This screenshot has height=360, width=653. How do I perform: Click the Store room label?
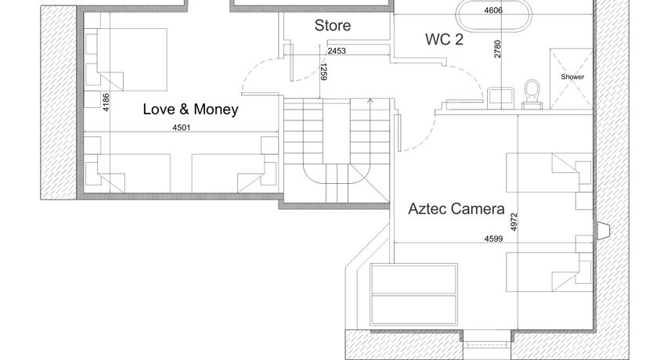(x=332, y=25)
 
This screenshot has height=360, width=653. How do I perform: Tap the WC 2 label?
(x=444, y=39)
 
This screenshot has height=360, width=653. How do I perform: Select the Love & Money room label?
(x=191, y=109)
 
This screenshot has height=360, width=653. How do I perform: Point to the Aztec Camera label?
(x=456, y=208)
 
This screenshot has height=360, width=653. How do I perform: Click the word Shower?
(x=572, y=77)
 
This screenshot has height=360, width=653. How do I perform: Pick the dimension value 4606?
(x=493, y=10)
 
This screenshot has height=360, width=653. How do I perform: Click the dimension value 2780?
(x=497, y=49)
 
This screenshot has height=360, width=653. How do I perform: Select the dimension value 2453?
(x=337, y=51)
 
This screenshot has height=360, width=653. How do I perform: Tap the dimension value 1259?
(x=323, y=71)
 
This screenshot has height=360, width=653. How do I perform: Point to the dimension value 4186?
(x=106, y=102)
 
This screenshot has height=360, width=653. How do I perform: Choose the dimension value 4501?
(x=181, y=128)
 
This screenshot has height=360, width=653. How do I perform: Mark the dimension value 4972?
(x=514, y=221)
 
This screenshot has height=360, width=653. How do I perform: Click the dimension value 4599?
(x=493, y=239)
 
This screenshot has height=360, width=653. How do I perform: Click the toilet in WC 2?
(x=532, y=95)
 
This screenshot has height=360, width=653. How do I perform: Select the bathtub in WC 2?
(x=494, y=16)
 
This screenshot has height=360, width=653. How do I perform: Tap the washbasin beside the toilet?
(x=500, y=98)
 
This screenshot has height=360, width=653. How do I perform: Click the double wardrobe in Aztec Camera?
(x=413, y=294)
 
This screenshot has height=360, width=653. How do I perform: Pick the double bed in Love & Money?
(x=127, y=59)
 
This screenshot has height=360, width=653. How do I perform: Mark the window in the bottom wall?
(x=486, y=344)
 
